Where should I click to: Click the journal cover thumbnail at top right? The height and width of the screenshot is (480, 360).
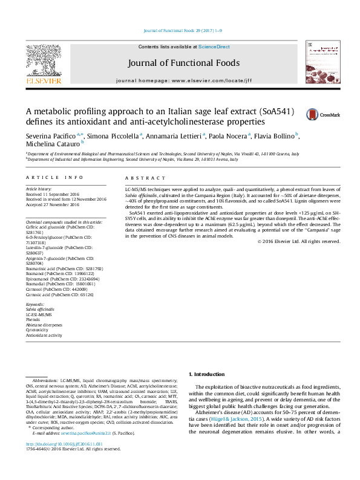coord(321,63)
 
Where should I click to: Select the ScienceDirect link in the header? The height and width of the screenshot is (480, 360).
coord(214,47)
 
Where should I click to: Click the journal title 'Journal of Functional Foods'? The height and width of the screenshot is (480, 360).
coord(183,63)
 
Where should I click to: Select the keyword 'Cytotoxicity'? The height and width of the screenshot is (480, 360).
coord(38,329)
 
